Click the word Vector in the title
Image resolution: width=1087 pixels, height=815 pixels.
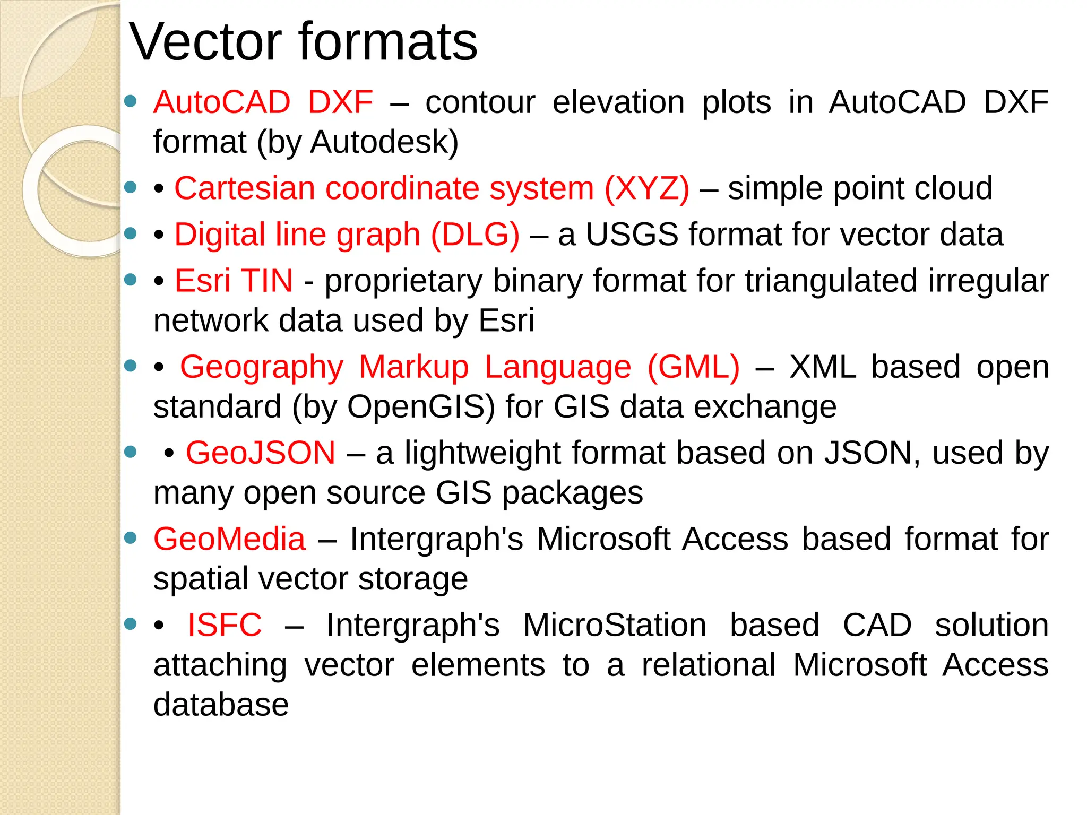[205, 42]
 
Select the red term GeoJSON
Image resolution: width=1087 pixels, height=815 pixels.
[260, 453]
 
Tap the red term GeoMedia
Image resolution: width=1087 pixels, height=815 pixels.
[229, 539]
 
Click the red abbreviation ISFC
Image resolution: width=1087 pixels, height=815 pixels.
[225, 625]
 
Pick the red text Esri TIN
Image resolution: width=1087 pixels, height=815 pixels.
[234, 281]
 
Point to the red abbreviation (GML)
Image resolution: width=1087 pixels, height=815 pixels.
[693, 367]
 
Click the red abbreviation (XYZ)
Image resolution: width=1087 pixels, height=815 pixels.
[647, 188]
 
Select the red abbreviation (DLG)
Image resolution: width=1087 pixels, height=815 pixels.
[475, 235]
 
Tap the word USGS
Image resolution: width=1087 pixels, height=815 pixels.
[632, 235]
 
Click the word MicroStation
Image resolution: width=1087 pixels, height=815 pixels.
[615, 625]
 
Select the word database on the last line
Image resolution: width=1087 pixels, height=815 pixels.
[221, 705]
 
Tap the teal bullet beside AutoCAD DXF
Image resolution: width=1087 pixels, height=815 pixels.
[131, 101]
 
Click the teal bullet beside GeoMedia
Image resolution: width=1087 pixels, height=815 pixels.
[131, 538]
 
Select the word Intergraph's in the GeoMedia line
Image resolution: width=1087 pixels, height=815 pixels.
[436, 539]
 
